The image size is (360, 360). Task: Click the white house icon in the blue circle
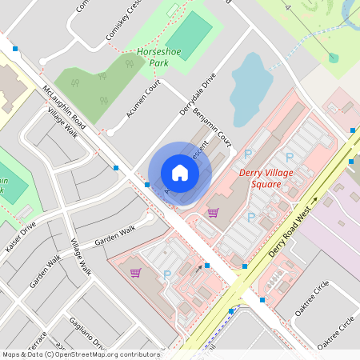click(179, 173)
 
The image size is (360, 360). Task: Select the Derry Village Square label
click(260, 178)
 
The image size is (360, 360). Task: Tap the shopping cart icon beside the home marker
click(213, 212)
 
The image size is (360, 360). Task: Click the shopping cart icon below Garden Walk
click(135, 272)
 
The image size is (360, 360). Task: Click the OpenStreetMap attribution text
click(80, 354)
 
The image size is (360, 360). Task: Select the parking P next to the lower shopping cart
click(166, 274)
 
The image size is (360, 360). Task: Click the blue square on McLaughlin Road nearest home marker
click(147, 185)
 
